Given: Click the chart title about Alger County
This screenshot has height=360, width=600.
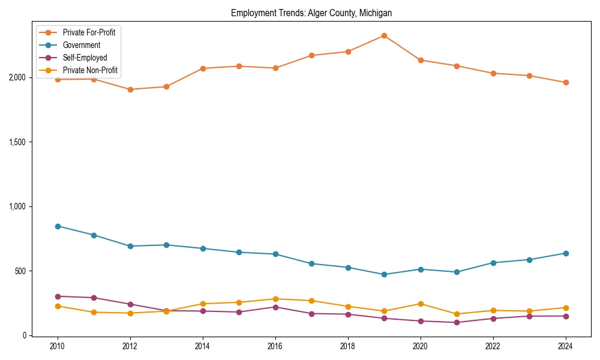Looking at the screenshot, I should [x=311, y=13].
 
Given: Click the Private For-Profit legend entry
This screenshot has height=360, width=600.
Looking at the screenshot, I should [x=89, y=32].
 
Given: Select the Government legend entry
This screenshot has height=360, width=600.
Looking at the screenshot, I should [x=81, y=45].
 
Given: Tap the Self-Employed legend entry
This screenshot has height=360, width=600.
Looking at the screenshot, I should [x=85, y=58].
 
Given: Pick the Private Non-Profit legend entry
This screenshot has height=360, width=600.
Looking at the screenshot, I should [x=90, y=70].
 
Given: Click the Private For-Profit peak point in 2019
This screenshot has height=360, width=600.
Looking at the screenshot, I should [x=384, y=35].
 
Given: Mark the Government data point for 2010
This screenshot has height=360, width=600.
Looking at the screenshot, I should [x=58, y=226].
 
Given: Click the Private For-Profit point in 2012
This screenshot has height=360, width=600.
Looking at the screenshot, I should [x=130, y=89].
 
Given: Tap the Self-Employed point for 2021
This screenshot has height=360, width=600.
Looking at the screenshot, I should [x=457, y=323].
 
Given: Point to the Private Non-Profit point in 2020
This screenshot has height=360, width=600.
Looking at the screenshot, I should [x=421, y=304].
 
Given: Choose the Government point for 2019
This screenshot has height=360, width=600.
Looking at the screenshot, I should [x=384, y=275].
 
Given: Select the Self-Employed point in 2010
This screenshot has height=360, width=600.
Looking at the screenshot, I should [x=58, y=296].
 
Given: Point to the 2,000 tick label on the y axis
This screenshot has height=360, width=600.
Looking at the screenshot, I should [x=17, y=77].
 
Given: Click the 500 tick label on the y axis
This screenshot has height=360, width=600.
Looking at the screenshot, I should [x=20, y=271].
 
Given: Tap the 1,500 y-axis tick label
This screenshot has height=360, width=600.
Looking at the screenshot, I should [x=17, y=142].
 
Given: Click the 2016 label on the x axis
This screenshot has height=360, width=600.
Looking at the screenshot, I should [x=275, y=347].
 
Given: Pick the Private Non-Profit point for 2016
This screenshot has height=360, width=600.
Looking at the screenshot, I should [x=275, y=299].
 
